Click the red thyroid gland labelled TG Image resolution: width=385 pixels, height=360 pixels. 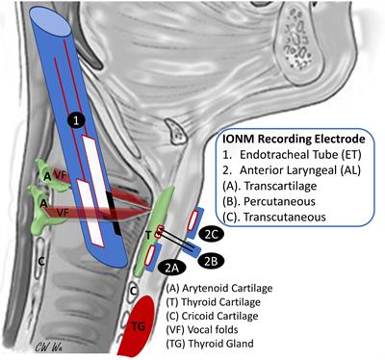[x=141, y=327]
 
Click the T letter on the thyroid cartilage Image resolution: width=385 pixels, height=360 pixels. [x=147, y=234]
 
